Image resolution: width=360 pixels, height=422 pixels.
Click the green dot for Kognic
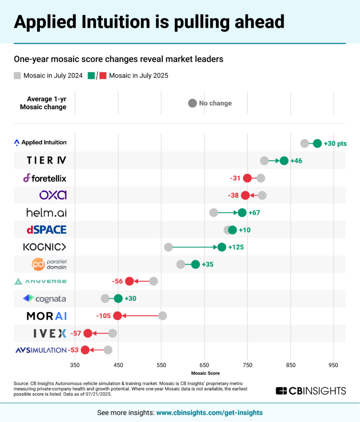click(222, 247)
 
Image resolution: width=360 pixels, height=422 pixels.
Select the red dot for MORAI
click(117, 316)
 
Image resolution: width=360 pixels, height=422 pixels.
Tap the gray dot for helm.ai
click(214, 212)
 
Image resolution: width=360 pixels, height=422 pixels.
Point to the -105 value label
click(103, 316)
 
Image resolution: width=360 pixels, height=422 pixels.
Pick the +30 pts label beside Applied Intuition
click(335, 143)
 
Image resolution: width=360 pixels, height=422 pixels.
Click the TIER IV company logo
click(46, 161)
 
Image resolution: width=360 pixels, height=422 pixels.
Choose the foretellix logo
click(45, 178)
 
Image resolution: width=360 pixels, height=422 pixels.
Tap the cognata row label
click(45, 298)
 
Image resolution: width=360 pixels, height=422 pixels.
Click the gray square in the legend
click(17, 75)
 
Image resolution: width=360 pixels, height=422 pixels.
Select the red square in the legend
click(102, 75)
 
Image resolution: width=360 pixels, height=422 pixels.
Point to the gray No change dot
click(192, 103)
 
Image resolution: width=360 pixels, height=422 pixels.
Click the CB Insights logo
click(311, 391)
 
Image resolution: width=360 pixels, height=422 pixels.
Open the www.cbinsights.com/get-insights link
click(209, 413)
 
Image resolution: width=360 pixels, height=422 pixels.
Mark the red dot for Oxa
click(245, 195)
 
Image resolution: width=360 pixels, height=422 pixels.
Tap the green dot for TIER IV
click(284, 161)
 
